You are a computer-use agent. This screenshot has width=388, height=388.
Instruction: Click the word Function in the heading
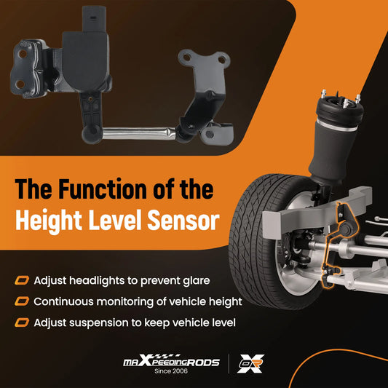click(103, 189)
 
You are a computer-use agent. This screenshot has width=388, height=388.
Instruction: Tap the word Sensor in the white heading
click(183, 220)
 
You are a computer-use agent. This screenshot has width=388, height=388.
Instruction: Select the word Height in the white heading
click(49, 221)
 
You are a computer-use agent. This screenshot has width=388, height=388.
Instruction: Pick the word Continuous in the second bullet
click(63, 301)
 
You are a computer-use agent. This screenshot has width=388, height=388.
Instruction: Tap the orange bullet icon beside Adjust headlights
click(22, 280)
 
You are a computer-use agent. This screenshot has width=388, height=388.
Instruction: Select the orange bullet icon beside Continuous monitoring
click(22, 301)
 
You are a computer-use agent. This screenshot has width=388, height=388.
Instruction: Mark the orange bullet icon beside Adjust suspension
click(22, 322)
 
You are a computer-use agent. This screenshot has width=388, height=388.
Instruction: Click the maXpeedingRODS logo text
click(171, 360)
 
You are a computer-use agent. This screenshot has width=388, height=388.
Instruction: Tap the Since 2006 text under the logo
click(171, 371)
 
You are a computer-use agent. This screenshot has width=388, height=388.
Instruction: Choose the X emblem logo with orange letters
click(250, 363)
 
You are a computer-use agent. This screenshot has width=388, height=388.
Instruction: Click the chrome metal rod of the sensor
click(139, 133)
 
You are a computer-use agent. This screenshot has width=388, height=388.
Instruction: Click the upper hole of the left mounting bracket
click(23, 53)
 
